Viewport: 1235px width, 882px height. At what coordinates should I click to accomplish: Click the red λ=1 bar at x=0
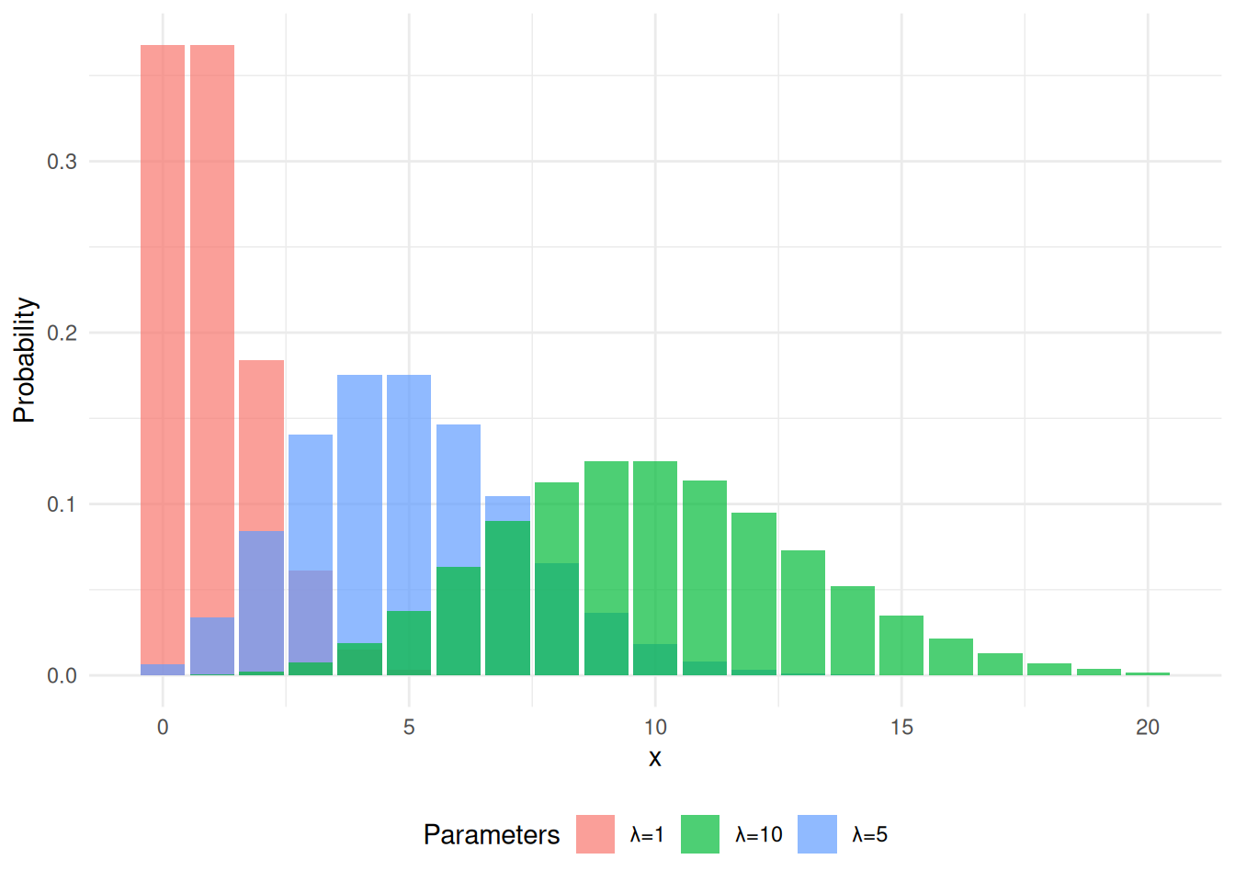(x=163, y=349)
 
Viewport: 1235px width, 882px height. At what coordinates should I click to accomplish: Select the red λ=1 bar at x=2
(x=261, y=441)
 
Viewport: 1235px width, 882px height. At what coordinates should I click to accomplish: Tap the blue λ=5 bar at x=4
(x=359, y=505)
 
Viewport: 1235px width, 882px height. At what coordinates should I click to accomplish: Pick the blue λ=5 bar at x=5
(x=409, y=487)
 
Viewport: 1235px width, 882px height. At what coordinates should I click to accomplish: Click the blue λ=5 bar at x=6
(x=459, y=496)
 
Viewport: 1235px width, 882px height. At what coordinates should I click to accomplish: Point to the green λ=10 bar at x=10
(x=655, y=551)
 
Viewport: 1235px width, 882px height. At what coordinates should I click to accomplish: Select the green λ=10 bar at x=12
(x=753, y=588)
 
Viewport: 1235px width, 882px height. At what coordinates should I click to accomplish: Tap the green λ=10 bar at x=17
(x=1000, y=664)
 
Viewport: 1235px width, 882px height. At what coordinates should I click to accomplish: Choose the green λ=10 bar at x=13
(x=803, y=612)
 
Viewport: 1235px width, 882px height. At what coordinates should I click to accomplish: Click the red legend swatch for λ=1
(x=595, y=834)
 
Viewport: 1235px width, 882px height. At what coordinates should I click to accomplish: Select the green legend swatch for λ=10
(x=700, y=834)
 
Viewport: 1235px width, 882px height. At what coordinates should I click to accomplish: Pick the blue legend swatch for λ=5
(x=817, y=834)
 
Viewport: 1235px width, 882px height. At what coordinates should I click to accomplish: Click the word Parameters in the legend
(x=492, y=834)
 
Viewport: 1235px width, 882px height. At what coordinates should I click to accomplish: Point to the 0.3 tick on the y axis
(x=62, y=162)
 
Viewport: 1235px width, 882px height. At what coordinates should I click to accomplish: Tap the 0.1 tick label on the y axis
(x=62, y=504)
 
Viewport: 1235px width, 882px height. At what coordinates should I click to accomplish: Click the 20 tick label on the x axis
(x=1148, y=728)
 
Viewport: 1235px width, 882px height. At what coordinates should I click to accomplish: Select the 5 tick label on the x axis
(x=409, y=728)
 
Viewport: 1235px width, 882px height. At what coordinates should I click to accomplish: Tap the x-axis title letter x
(x=655, y=759)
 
